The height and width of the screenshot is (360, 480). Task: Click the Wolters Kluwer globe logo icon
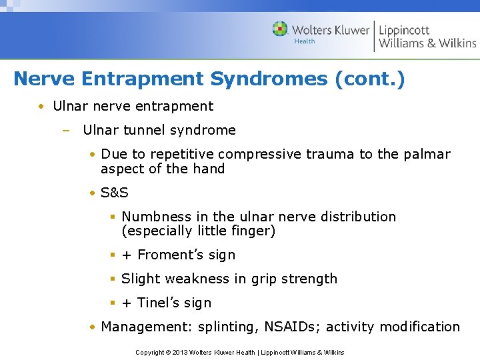pyautogui.click(x=281, y=29)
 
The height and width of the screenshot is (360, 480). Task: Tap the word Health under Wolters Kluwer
pyautogui.click(x=304, y=41)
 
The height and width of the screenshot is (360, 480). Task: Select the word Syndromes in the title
pyautogui.click(x=269, y=79)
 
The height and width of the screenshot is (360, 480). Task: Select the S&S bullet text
pyautogui.click(x=115, y=193)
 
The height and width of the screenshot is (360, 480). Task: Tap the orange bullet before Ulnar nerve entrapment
pyautogui.click(x=41, y=107)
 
